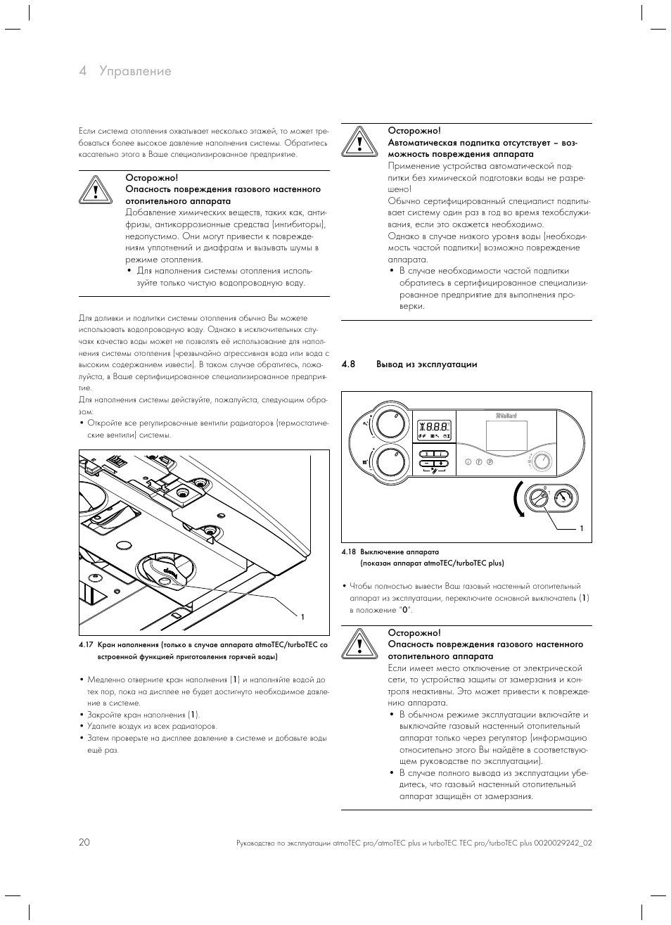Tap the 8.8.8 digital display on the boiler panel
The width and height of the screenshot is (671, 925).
433,427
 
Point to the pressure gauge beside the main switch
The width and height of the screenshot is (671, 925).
563,498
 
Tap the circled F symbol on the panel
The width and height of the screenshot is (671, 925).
479,462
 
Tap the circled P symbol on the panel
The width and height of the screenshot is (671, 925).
490,462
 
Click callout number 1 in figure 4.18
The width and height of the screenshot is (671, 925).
582,528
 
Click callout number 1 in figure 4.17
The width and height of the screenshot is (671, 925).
302,617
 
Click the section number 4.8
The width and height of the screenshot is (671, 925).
348,364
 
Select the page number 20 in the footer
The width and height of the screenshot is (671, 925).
84,842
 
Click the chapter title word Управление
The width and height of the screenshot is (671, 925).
135,71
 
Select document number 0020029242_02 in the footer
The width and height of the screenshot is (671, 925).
563,843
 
